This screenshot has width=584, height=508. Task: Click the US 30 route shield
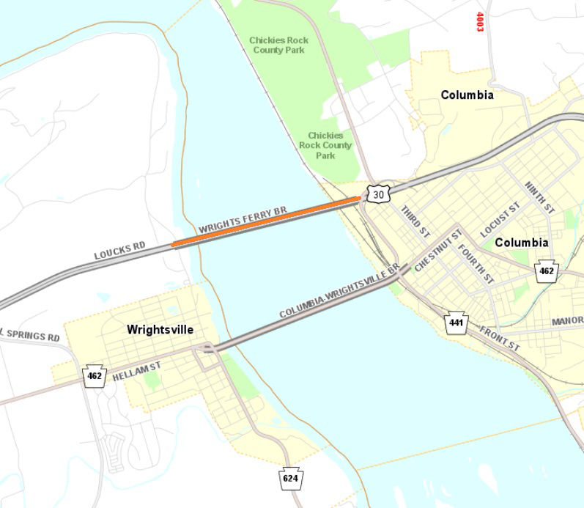pos(377,194)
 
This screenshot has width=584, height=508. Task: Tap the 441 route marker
pos(457,322)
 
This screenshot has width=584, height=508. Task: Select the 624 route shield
pos(291,479)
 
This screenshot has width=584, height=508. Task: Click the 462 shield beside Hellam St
pos(95,375)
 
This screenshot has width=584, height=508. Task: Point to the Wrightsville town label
pos(160,330)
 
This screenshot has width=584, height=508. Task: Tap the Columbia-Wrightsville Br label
pos(339,292)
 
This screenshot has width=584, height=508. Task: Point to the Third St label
pos(415,221)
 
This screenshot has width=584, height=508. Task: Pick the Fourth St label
pos(476,264)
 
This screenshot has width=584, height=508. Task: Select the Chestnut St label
pos(437,251)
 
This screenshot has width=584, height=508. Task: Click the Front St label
pos(500,336)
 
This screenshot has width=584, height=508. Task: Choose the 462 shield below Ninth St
pos(546,271)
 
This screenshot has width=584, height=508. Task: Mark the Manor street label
pos(567,320)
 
